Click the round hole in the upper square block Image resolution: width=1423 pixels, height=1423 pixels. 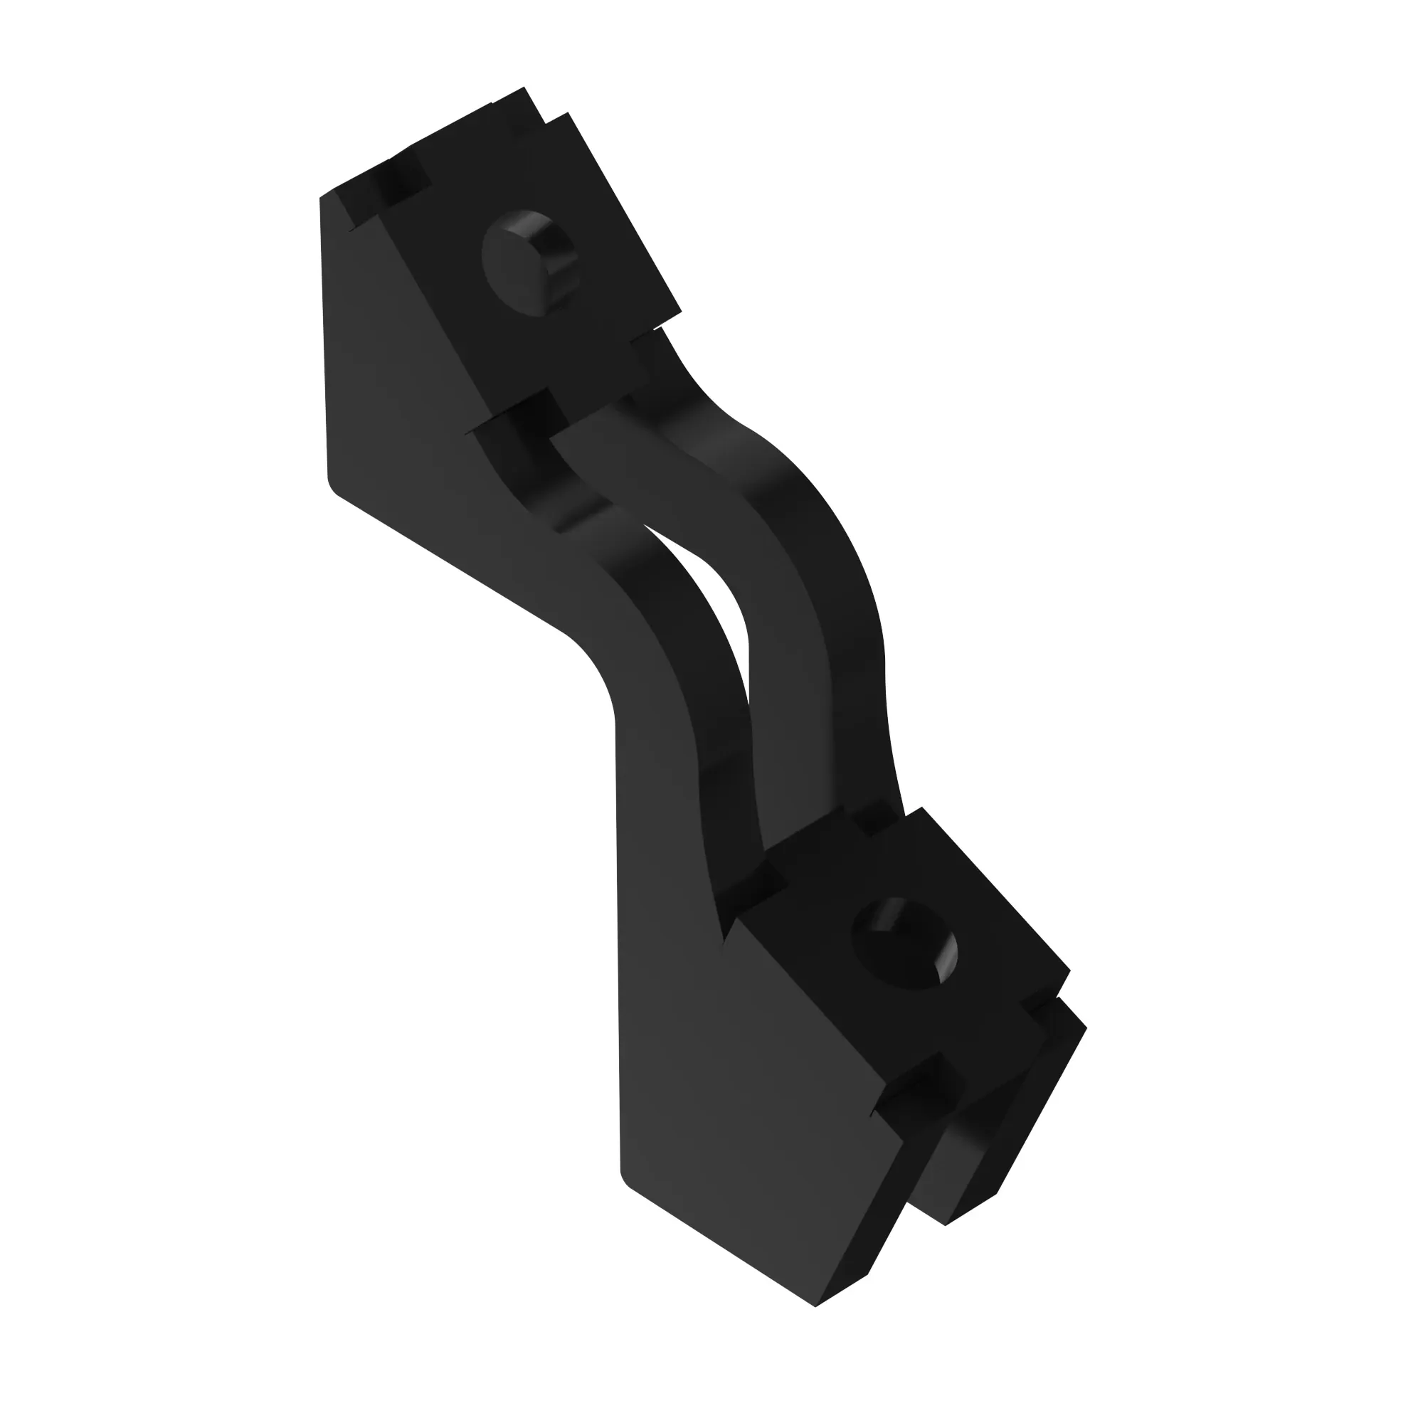(527, 263)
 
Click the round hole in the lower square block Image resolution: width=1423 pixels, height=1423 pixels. (904, 944)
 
